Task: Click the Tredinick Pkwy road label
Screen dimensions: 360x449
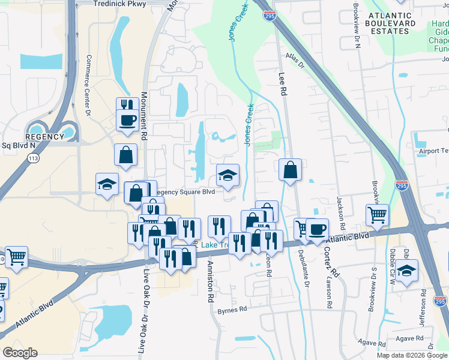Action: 121,4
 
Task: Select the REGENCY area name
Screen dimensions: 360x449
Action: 45,137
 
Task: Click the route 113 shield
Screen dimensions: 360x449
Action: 32,157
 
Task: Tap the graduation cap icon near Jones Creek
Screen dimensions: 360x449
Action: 228,175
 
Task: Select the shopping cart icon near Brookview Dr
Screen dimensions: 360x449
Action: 378,215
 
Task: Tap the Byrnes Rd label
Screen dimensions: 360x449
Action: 232,310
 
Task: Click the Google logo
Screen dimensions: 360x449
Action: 20,353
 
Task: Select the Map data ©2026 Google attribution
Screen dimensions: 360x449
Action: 412,355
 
